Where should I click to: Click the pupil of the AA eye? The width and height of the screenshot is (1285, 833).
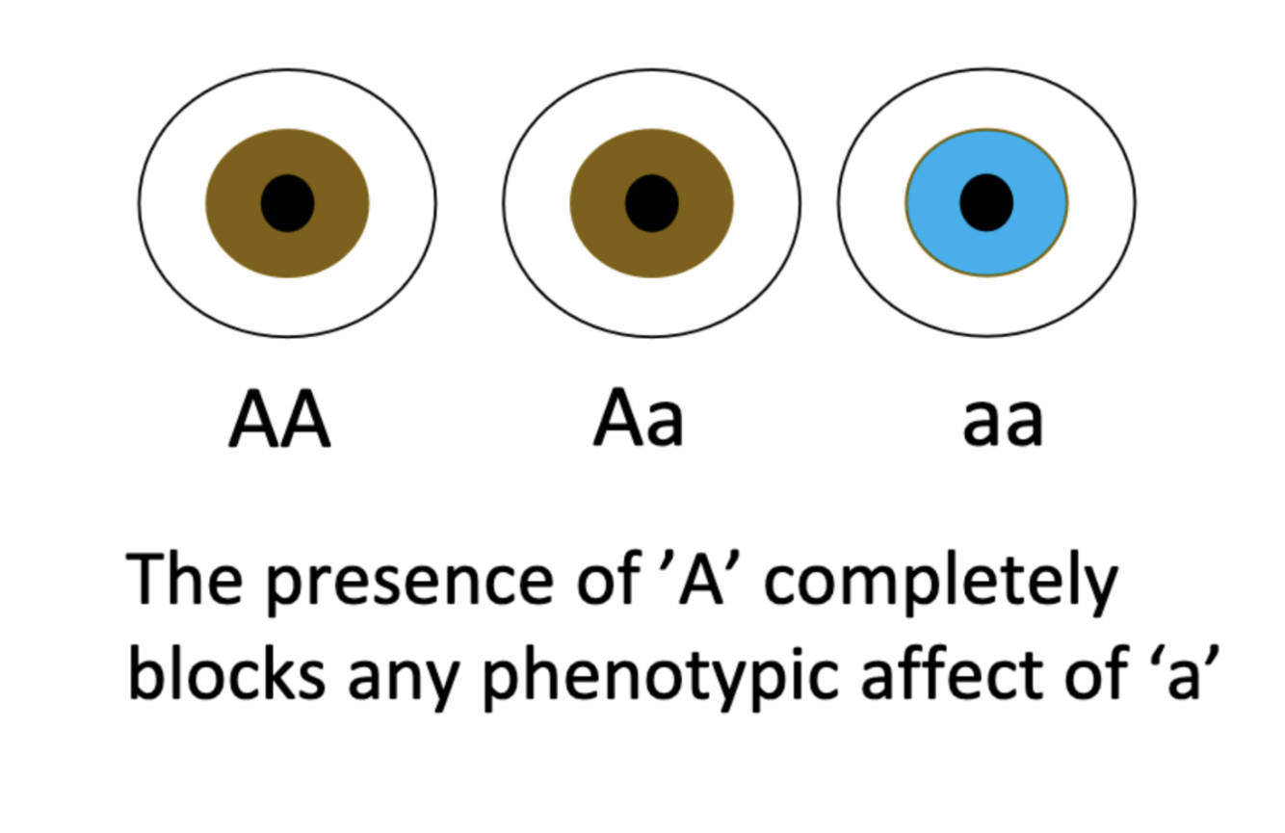(x=287, y=203)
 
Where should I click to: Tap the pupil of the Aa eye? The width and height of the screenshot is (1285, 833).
(x=652, y=203)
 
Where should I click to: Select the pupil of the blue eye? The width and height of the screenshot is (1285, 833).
(x=986, y=202)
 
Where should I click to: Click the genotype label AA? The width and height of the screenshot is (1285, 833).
(x=280, y=418)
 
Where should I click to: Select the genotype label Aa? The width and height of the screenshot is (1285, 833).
(x=639, y=418)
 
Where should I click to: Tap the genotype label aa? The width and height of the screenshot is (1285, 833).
(x=1003, y=423)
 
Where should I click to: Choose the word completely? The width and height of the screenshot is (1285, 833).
(x=941, y=580)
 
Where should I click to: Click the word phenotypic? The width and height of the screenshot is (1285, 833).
(x=658, y=677)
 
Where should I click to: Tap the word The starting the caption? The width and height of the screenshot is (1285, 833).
(x=184, y=578)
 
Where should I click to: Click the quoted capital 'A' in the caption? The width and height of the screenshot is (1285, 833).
(x=700, y=578)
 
